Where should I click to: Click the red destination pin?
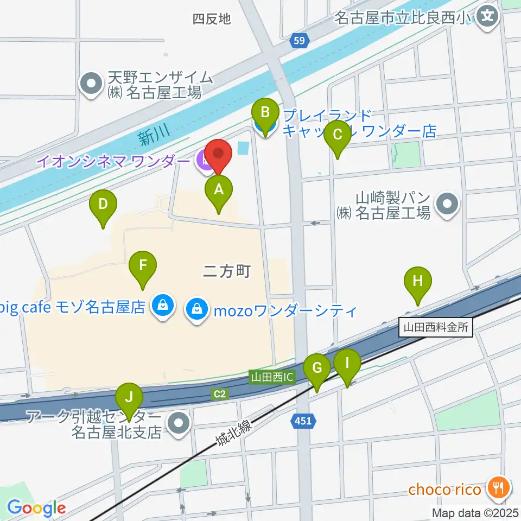218,155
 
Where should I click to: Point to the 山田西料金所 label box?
436,328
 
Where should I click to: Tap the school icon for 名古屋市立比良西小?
490,16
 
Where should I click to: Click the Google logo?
36,508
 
